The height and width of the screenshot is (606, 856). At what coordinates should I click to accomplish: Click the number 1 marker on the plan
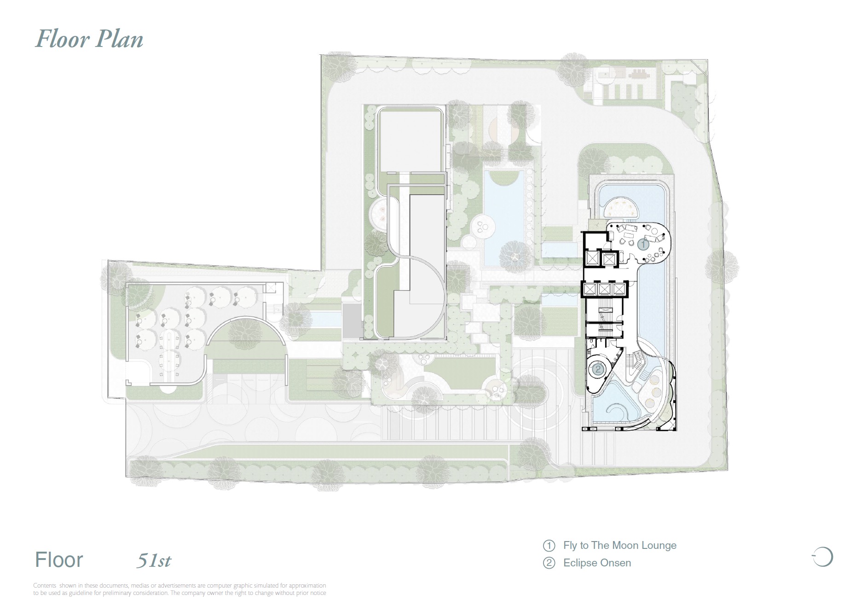643,244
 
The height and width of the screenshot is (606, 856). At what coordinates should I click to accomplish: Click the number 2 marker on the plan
598,369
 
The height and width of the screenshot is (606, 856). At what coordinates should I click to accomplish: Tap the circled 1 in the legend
549,546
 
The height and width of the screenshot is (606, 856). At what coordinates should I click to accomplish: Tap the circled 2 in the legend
549,563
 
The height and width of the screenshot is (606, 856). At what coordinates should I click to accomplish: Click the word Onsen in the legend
617,563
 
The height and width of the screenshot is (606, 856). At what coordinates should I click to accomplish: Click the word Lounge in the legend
659,546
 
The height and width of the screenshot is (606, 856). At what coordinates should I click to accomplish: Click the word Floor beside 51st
59,560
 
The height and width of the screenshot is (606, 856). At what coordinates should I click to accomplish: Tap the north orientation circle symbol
824,557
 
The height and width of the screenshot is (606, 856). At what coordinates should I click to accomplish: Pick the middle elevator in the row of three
604,290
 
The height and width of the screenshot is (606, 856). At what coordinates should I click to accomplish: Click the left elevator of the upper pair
591,259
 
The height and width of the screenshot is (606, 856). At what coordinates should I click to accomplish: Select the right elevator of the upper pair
609,260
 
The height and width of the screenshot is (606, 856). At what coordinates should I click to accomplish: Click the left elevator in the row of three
590,290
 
